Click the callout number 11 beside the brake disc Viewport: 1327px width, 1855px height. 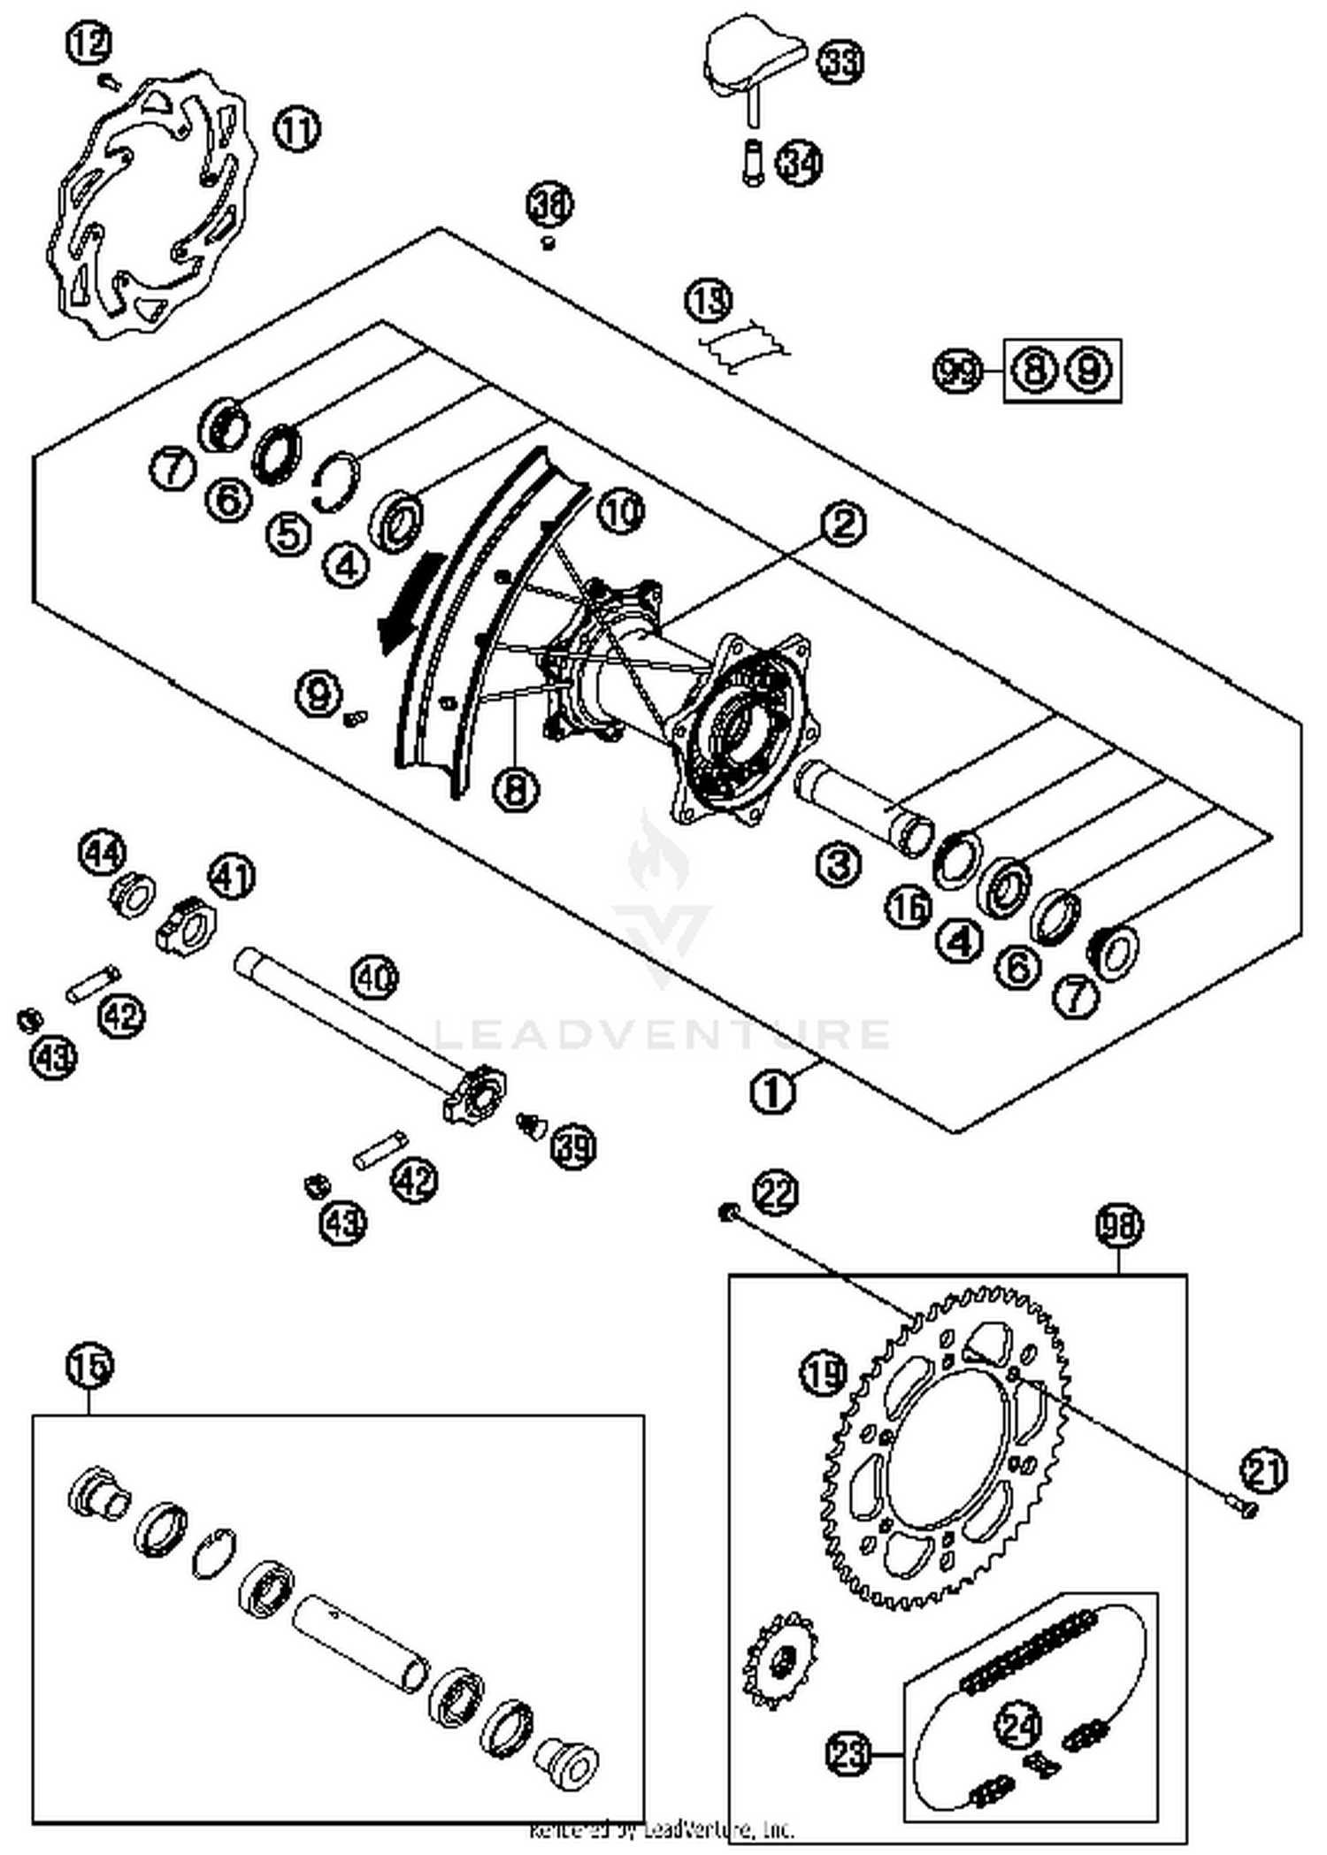pyautogui.click(x=296, y=130)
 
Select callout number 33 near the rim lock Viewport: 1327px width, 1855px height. pyautogui.click(x=839, y=62)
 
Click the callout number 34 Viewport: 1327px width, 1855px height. pyautogui.click(x=800, y=163)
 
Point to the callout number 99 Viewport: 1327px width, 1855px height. pyautogui.click(x=959, y=371)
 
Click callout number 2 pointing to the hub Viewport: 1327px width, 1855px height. pyautogui.click(x=843, y=524)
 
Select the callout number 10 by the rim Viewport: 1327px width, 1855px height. pyautogui.click(x=620, y=510)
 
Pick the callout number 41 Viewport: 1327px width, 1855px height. pyautogui.click(x=231, y=878)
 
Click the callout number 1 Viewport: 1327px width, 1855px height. pyautogui.click(x=772, y=1093)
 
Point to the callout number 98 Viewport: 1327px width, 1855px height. pyautogui.click(x=1119, y=1226)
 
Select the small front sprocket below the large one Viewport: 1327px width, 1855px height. pyautogui.click(x=779, y=1657)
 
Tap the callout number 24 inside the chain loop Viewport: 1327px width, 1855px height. pyautogui.click(x=1018, y=1723)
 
